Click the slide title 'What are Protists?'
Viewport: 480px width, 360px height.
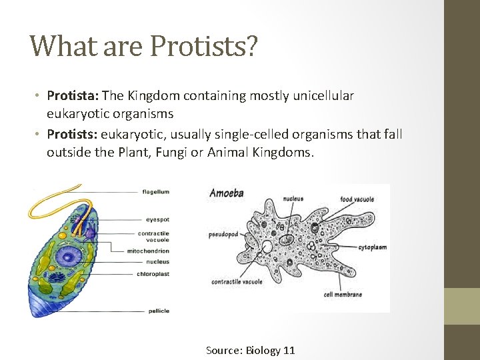click(143, 46)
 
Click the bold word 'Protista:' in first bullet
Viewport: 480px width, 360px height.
click(71, 96)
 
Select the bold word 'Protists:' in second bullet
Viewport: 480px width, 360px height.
click(71, 135)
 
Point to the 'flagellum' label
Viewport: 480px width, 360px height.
click(155, 192)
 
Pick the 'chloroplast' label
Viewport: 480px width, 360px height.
click(153, 274)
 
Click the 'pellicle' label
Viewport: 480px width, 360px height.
click(157, 311)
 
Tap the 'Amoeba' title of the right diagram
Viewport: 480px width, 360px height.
click(227, 193)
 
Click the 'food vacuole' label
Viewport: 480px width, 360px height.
click(357, 199)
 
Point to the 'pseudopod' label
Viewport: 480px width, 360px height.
click(223, 235)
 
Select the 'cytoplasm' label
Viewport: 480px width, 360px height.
click(372, 247)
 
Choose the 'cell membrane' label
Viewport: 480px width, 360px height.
click(343, 294)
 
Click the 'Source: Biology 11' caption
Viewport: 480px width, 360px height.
click(250, 350)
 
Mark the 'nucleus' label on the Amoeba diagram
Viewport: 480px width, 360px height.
click(293, 199)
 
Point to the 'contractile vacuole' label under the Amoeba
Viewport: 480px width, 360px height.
click(237, 281)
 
